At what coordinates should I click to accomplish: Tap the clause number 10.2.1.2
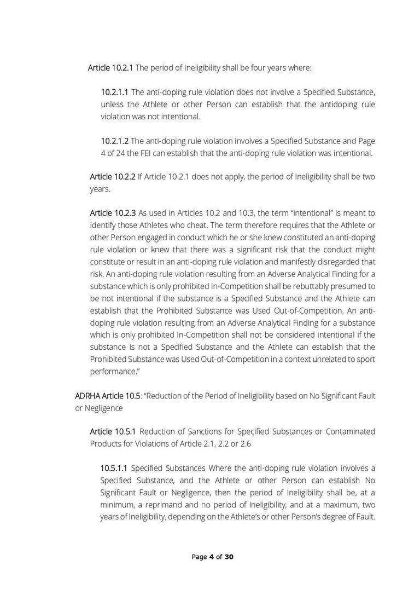tap(114, 141)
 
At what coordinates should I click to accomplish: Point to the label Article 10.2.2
tap(112, 177)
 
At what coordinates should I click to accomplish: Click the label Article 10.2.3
tap(112, 213)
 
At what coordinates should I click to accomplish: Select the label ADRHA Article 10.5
tap(108, 395)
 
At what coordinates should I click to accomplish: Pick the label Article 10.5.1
tap(112, 431)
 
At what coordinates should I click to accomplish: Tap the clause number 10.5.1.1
tap(114, 468)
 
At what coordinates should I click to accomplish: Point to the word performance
tap(113, 371)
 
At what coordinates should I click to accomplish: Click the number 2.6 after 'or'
tap(245, 443)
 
